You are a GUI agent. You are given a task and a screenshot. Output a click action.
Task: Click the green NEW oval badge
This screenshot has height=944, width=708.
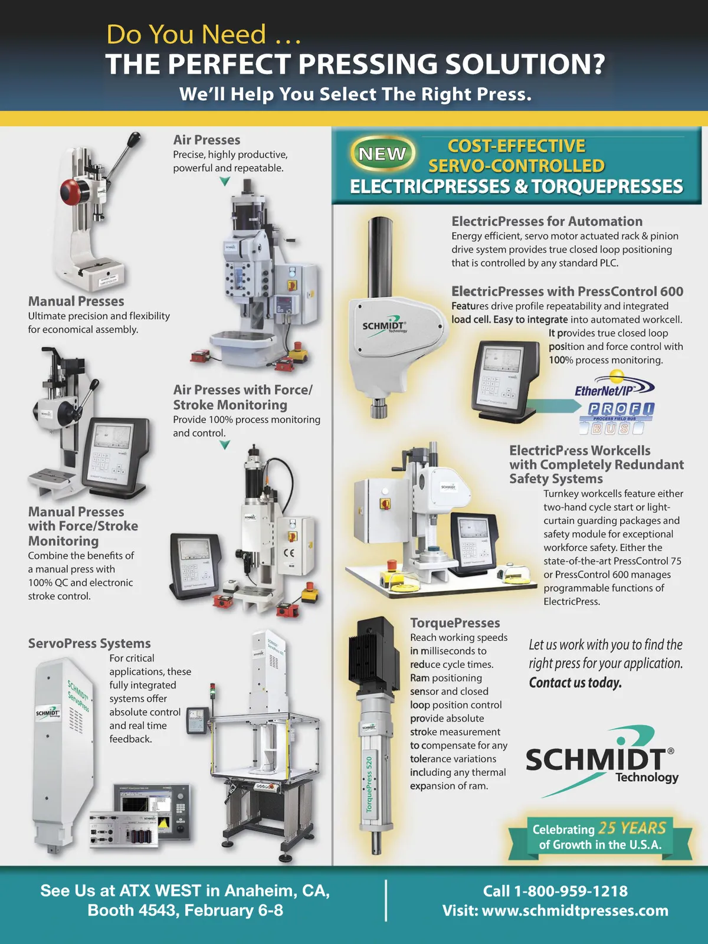[x=382, y=153]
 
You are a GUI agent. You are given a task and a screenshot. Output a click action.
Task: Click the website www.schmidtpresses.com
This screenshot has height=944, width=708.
[x=575, y=911]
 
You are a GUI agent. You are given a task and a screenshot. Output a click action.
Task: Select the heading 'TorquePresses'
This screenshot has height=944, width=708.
[x=455, y=622]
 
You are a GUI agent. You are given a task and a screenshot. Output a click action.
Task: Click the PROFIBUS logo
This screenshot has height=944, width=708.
[x=617, y=418]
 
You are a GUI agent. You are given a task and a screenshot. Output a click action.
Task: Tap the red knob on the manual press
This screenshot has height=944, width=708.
[x=70, y=192]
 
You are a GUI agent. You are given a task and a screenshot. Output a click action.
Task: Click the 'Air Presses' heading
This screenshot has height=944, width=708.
[x=206, y=140]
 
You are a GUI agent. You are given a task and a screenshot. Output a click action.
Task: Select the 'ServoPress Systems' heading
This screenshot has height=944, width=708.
[x=90, y=643]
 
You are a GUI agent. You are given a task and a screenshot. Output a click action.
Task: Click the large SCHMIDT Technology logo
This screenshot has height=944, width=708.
[x=601, y=762]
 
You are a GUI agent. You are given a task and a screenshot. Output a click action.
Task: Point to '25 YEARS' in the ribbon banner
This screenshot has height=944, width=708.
[x=632, y=828]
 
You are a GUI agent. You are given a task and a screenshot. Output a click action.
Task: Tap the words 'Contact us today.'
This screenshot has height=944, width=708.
[x=575, y=683]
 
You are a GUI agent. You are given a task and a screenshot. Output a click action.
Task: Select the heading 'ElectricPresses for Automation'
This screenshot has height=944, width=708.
[x=547, y=221]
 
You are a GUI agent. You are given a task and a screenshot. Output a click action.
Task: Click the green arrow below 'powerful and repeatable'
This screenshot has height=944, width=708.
[x=224, y=182]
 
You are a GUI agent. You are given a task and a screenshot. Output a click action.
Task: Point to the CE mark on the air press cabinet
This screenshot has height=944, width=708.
[x=289, y=553]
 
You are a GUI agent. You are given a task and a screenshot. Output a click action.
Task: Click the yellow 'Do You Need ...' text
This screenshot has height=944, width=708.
[x=204, y=34]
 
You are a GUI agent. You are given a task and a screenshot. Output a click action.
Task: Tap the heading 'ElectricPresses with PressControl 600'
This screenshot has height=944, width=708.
[x=567, y=291]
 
